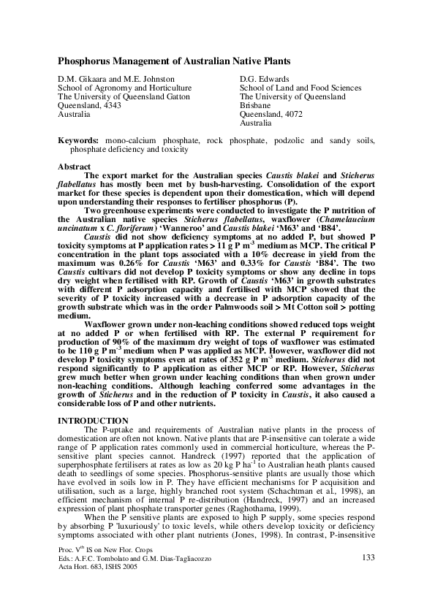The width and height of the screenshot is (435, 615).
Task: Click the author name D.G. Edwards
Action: click(x=265, y=78)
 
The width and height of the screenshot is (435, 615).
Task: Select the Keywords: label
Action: click(x=78, y=140)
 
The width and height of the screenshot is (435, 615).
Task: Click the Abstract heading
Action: click(x=75, y=167)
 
